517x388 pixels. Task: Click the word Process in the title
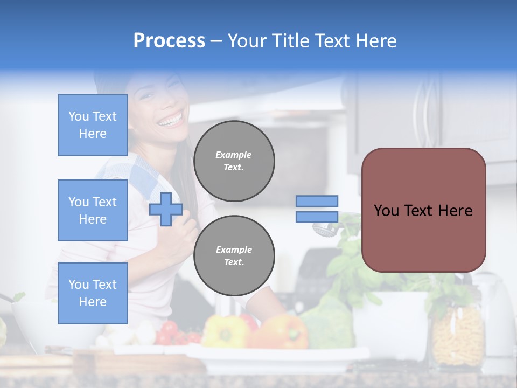169,41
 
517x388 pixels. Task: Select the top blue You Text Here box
93,125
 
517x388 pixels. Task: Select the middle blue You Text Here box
93,210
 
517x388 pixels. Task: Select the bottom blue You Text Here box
93,293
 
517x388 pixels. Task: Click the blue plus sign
166,210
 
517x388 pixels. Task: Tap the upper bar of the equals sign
317,201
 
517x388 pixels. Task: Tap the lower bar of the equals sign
317,217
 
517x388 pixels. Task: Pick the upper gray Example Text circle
234,161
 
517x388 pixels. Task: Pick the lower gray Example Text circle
234,256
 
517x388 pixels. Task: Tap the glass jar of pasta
458,334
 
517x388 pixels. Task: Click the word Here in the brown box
455,211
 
